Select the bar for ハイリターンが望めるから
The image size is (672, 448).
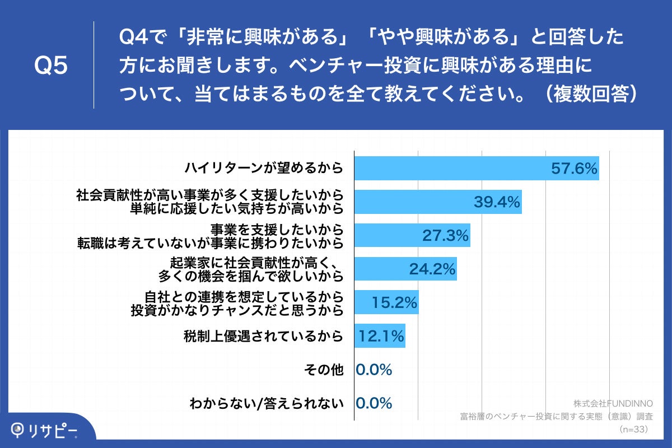(x=448, y=168)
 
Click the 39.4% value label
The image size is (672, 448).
(x=497, y=202)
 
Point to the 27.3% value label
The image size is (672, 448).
(x=445, y=236)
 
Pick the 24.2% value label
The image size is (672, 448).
(x=432, y=269)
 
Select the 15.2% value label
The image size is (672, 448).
(x=394, y=303)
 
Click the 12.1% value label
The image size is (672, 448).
(x=381, y=337)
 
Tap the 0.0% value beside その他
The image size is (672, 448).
(x=374, y=370)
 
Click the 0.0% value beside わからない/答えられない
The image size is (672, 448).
(x=374, y=403)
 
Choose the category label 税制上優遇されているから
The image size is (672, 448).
(x=263, y=337)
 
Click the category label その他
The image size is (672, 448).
(x=323, y=370)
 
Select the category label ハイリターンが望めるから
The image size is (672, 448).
(x=264, y=168)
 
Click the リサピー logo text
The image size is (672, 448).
(x=54, y=430)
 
